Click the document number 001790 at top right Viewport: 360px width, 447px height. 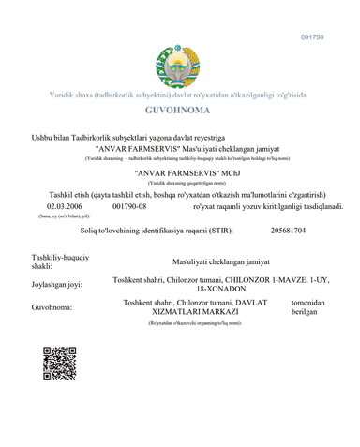[311, 37]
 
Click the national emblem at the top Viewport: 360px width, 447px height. [179, 67]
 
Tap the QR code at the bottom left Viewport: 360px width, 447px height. [59, 388]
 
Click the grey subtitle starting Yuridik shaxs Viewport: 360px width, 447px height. [179, 96]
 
